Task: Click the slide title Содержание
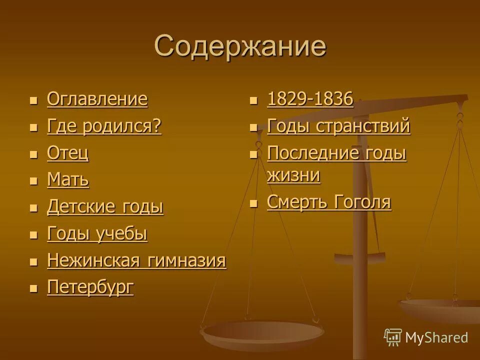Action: tap(240, 46)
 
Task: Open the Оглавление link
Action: tap(97, 99)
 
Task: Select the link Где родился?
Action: tap(104, 126)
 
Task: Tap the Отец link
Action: tap(68, 153)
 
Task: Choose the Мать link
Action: tap(68, 180)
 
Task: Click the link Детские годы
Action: tap(105, 207)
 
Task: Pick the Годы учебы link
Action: tap(97, 234)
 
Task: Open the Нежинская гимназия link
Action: tap(136, 261)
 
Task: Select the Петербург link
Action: tap(90, 287)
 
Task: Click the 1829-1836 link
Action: tap(310, 99)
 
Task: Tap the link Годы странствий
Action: tap(339, 126)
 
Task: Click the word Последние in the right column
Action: tap(313, 153)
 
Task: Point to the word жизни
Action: tap(293, 175)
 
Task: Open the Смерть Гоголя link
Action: tap(329, 202)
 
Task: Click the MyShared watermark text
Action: tap(436, 337)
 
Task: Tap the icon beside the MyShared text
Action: tap(393, 337)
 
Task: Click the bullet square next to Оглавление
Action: tap(33, 100)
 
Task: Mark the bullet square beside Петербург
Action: tap(33, 288)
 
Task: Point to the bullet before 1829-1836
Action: tap(254, 100)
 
